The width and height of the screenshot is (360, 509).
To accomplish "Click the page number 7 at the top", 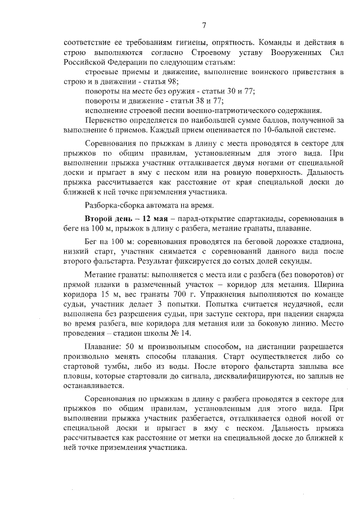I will click(x=204, y=24).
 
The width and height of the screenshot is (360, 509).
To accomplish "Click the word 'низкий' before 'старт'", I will click(x=75, y=251).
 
